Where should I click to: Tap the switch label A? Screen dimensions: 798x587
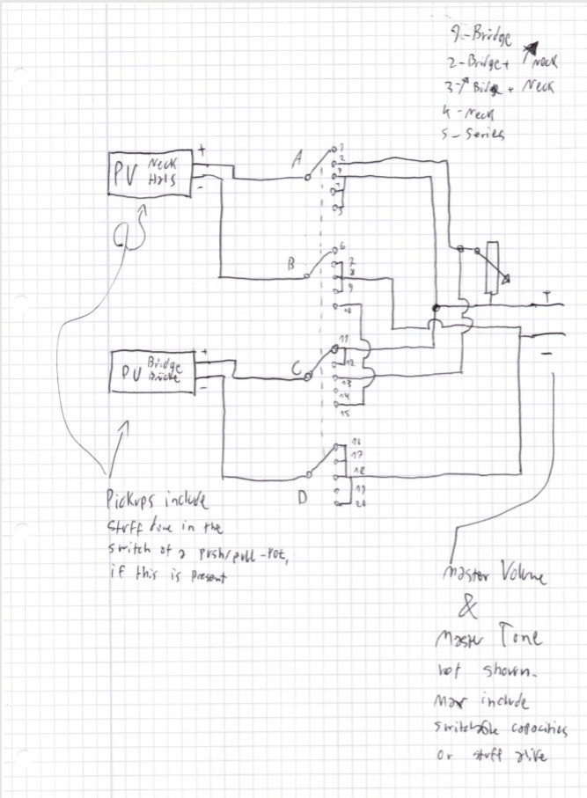pos(297,159)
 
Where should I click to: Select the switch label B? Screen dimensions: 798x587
pos(290,262)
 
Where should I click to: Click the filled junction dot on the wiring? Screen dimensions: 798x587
pos(436,308)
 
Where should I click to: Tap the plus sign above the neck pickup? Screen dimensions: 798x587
pos(202,150)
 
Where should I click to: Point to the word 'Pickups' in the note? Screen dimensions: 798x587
pos(128,502)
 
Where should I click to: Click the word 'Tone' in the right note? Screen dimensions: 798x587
pos(518,637)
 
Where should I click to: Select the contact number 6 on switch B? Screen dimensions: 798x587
pos(341,249)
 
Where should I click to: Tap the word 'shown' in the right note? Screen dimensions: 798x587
pos(507,673)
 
